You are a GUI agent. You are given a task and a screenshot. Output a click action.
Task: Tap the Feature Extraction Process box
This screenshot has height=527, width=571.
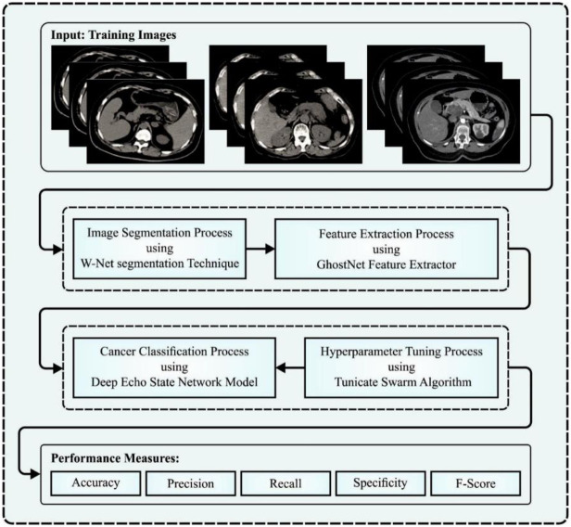(387, 250)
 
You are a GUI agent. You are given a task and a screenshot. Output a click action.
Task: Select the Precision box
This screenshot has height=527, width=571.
(192, 482)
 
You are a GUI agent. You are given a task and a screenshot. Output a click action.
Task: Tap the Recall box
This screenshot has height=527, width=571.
(285, 482)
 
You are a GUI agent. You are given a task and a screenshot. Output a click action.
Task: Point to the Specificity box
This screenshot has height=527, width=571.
(380, 482)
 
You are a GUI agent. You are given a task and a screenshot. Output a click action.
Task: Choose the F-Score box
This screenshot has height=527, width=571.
(474, 482)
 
